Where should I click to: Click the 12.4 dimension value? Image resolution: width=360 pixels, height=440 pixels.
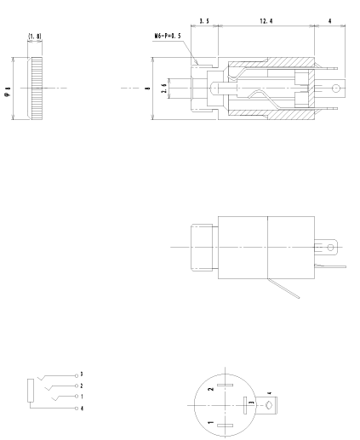[x=266, y=17]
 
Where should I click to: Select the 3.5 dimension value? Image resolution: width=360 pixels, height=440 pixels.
[x=204, y=17]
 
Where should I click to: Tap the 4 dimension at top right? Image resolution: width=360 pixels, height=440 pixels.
[x=331, y=17]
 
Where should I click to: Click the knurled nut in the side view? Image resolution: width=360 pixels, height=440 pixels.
[x=37, y=89]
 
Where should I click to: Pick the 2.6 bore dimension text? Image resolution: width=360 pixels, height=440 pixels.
[x=164, y=88]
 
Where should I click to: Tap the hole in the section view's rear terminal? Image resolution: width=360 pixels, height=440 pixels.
[x=338, y=88]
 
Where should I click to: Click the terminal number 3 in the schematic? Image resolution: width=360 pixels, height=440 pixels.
[x=81, y=374]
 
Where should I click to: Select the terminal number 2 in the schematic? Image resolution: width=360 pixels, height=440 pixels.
[x=81, y=386]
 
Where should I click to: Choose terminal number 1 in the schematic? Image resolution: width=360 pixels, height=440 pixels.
[x=81, y=397]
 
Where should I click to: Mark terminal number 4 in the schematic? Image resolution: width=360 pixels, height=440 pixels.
[x=81, y=409]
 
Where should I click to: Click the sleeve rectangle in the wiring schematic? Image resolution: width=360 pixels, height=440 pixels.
[x=31, y=391]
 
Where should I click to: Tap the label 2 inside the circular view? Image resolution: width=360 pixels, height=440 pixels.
[x=210, y=391]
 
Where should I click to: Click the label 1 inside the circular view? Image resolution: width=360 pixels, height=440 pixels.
[x=210, y=422]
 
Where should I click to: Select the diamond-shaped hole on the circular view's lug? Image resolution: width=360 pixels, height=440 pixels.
[x=269, y=405]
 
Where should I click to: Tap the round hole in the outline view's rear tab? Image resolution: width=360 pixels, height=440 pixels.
[x=331, y=248]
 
